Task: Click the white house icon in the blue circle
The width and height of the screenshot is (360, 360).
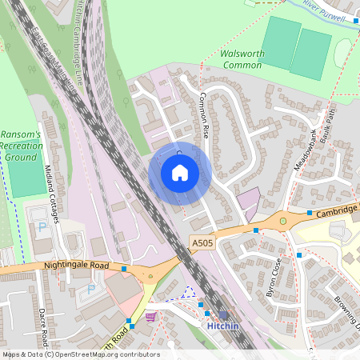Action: (180, 172)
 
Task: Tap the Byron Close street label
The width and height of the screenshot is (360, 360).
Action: (274, 277)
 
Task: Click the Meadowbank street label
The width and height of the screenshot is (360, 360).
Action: (306, 147)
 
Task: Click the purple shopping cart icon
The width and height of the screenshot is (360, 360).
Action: (150, 317)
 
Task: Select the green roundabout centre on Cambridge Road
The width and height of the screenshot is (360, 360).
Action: (282, 221)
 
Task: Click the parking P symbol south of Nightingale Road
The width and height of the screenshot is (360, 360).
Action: (90, 288)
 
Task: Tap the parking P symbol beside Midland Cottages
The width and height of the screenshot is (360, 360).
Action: (42, 226)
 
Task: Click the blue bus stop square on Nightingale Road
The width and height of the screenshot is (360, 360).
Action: (124, 269)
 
